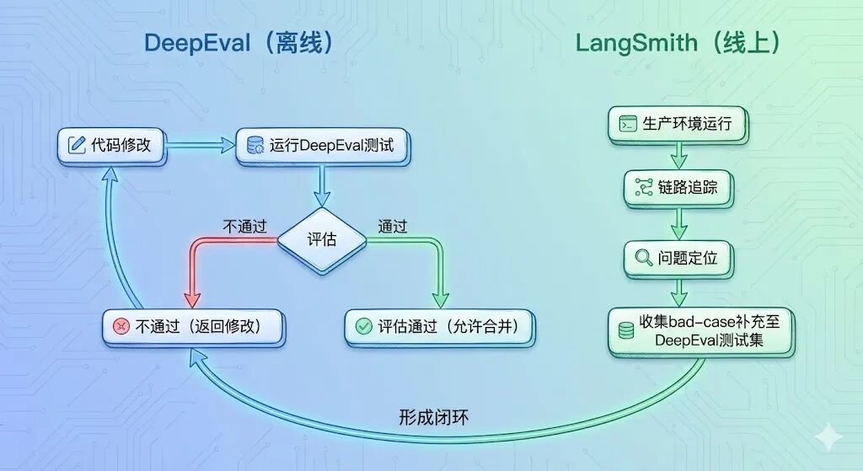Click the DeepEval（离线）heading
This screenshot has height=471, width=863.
point(239,44)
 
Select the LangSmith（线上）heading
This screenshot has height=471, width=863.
point(677,44)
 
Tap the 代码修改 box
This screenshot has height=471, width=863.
point(110,145)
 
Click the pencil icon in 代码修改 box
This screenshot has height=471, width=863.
point(77,145)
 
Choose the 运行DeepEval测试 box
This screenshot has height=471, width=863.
point(321,145)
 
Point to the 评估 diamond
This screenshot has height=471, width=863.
point(321,239)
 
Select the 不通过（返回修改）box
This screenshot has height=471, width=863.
point(193,326)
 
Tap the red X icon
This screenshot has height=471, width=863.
point(121,326)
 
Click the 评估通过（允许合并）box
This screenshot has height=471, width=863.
point(439,326)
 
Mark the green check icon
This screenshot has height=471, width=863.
point(364,326)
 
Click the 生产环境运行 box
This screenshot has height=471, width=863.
point(677,125)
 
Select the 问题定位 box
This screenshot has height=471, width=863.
point(677,258)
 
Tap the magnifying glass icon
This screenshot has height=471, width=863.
point(643,258)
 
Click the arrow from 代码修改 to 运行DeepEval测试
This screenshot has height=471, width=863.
point(201,145)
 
